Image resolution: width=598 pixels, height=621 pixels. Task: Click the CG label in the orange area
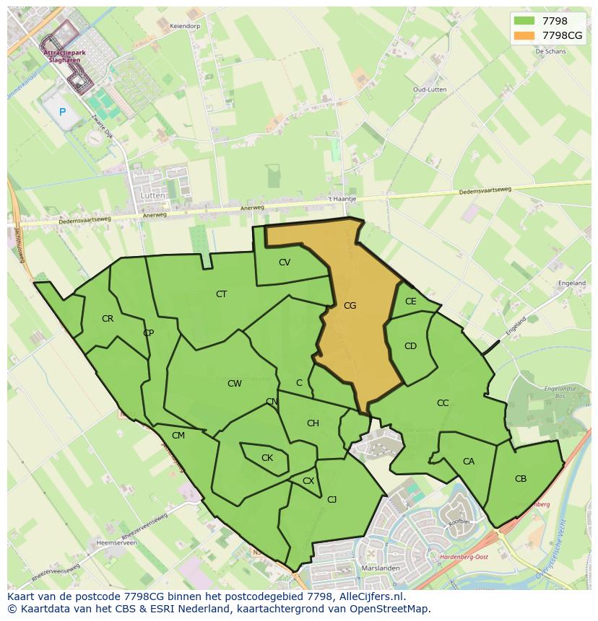click(x=350, y=306)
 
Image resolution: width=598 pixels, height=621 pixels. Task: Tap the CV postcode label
click(x=285, y=263)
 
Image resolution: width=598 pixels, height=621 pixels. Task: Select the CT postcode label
click(x=221, y=294)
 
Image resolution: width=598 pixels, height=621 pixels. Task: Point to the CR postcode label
click(x=108, y=319)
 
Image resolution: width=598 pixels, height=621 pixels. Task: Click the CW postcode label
click(x=235, y=384)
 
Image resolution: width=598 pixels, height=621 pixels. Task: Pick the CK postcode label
click(x=267, y=458)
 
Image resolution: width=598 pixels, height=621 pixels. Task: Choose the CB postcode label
click(x=521, y=479)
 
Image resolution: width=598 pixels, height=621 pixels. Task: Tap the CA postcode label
click(x=469, y=462)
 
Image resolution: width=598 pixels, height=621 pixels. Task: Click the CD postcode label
click(x=410, y=346)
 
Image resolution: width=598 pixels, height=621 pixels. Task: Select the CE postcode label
click(x=411, y=301)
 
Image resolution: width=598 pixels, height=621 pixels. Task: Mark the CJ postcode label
click(x=332, y=499)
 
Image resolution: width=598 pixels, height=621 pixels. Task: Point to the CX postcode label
click(x=308, y=481)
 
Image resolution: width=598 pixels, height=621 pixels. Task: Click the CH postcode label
click(x=313, y=423)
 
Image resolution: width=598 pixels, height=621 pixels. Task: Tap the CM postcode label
click(x=178, y=436)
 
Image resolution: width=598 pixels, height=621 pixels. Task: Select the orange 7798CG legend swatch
click(x=524, y=35)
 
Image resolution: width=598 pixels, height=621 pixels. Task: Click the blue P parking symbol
click(x=63, y=112)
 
